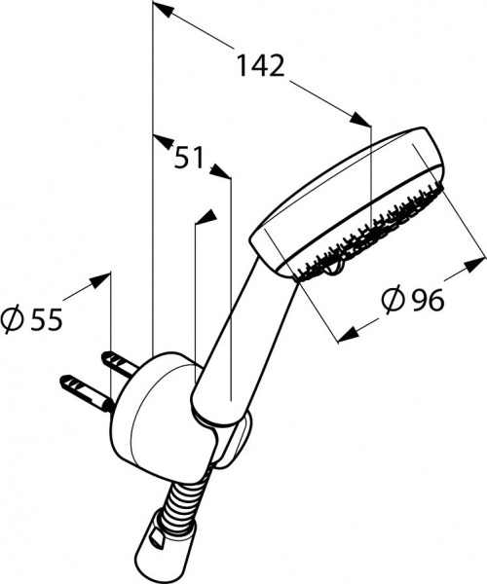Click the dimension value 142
(262, 66)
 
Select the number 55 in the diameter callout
(45, 318)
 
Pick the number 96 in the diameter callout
(426, 302)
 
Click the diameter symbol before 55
(13, 318)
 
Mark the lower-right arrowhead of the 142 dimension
(362, 122)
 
